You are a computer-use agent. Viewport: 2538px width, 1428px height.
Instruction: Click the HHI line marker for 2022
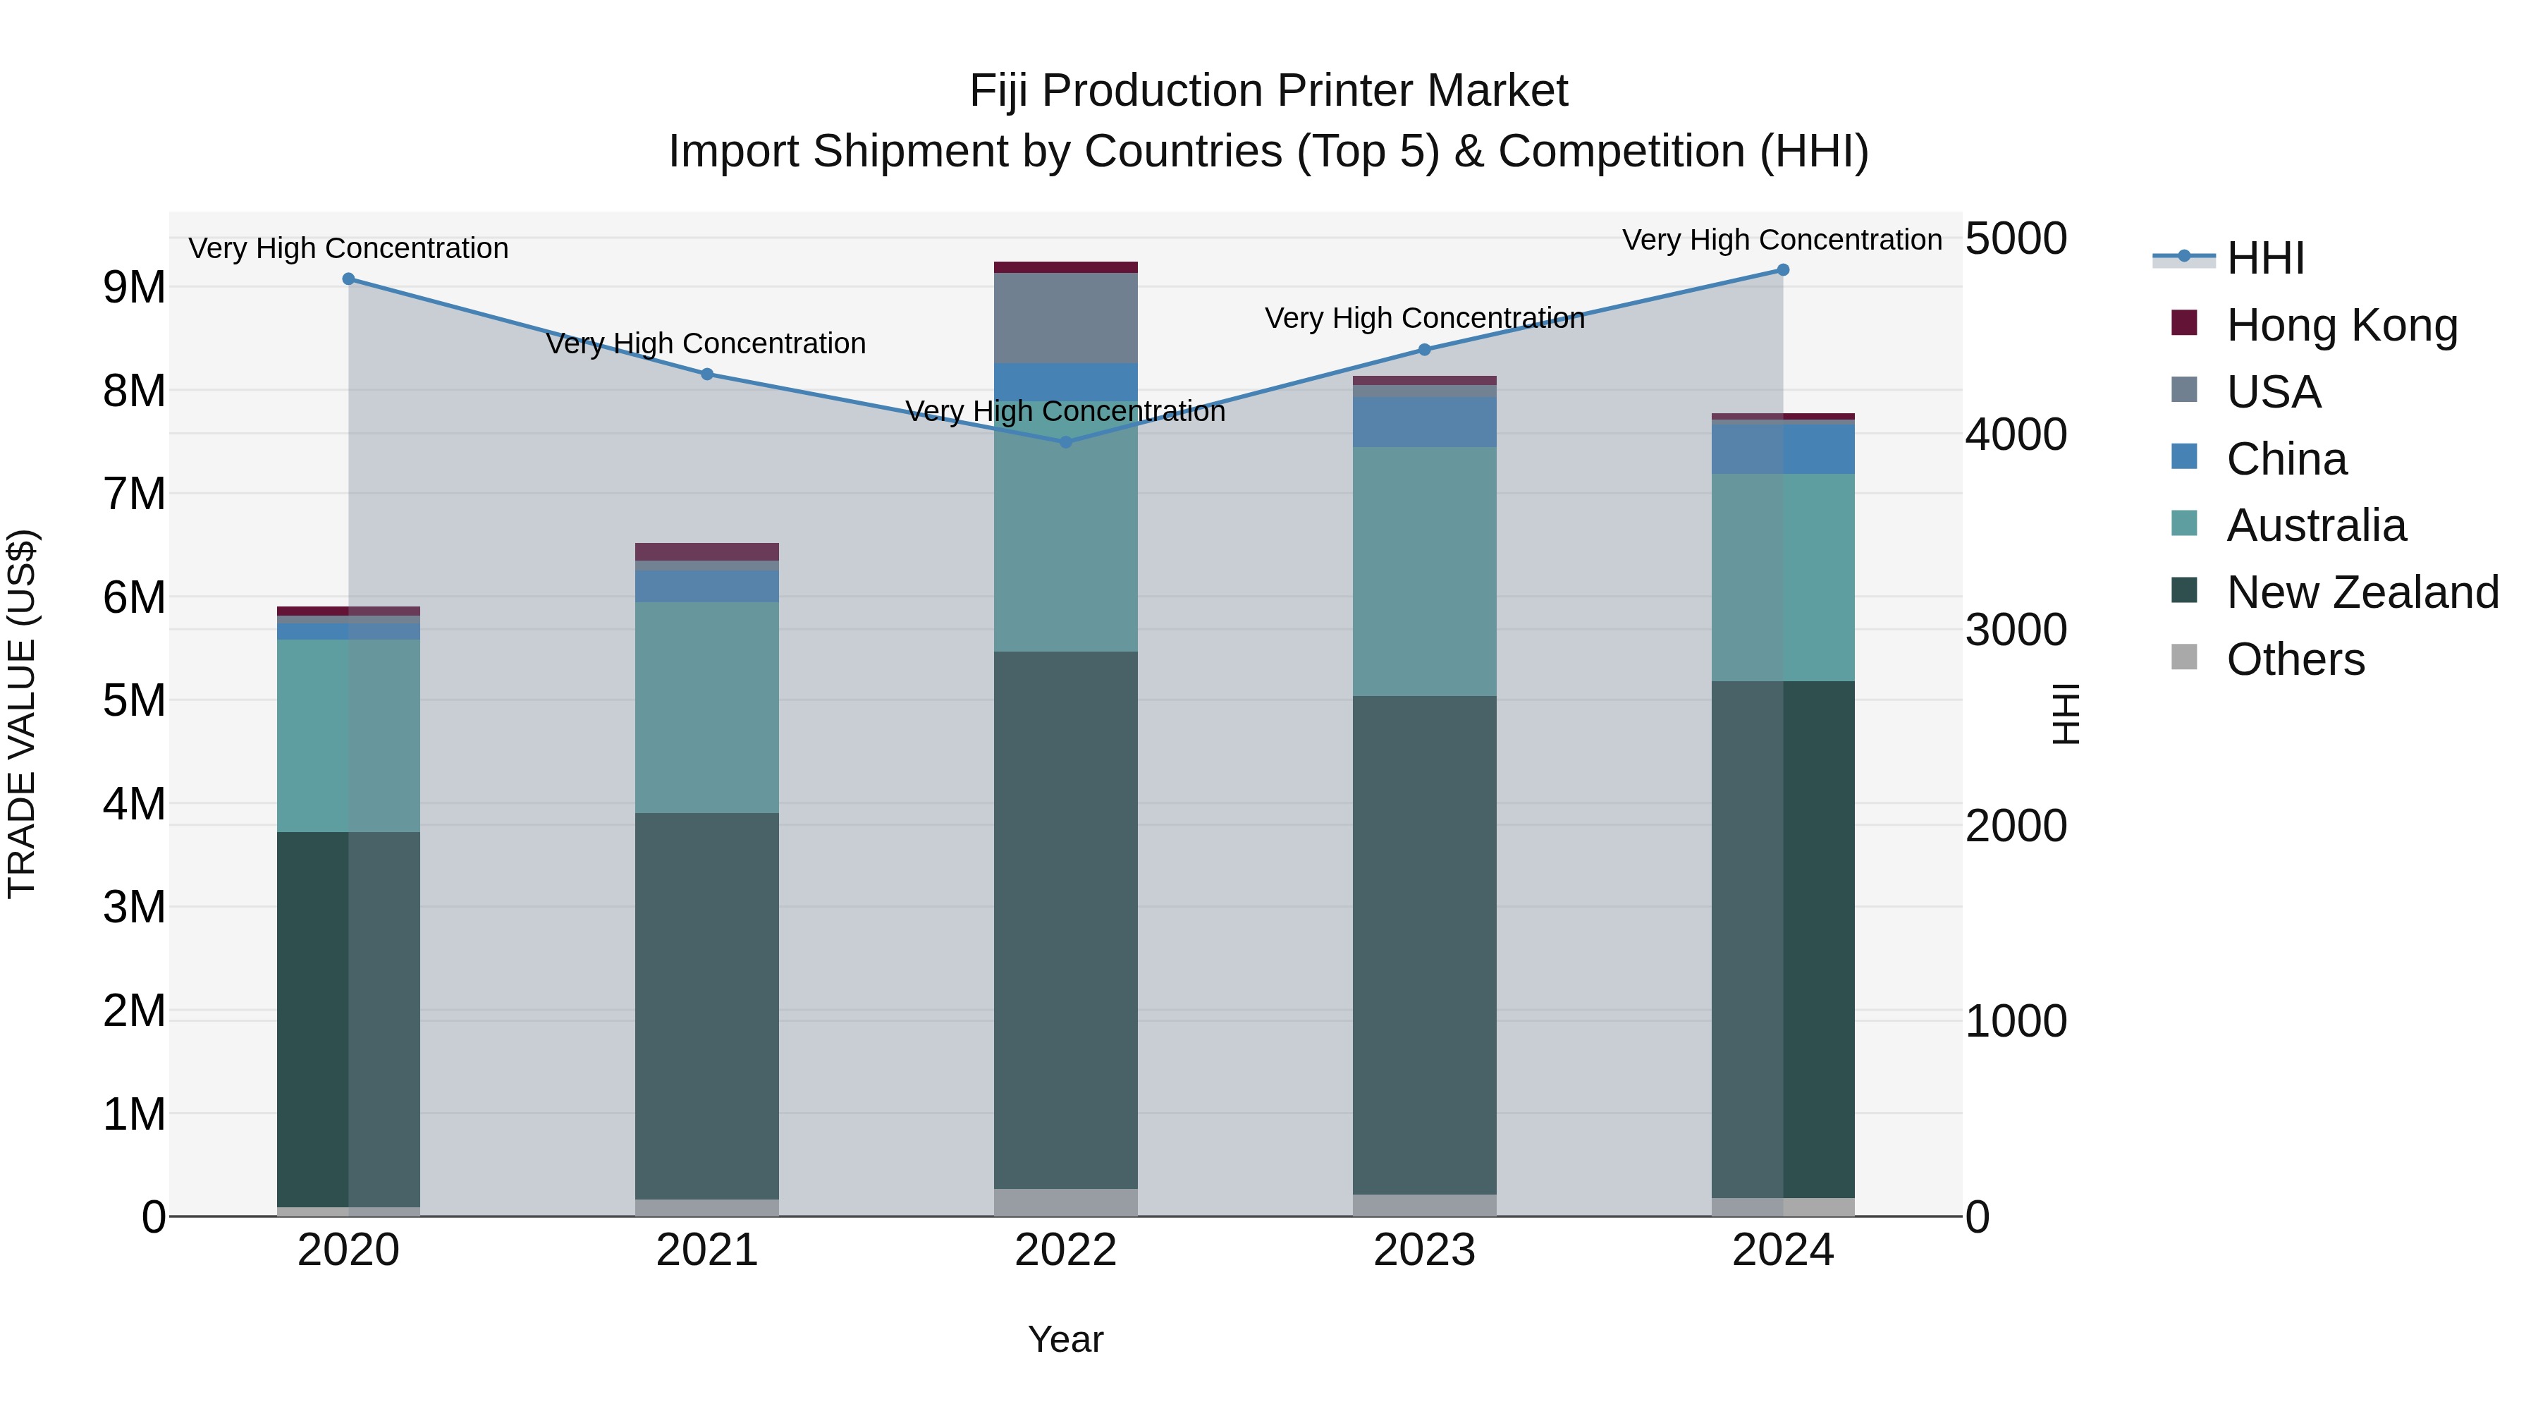(1065, 442)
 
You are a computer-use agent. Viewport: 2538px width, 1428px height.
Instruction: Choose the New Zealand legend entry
(2362, 592)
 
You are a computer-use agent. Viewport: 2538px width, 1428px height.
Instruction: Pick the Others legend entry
(2295, 659)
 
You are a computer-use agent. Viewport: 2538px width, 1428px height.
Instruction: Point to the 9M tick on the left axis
(134, 288)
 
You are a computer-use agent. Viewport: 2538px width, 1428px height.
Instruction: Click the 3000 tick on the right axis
(2016, 630)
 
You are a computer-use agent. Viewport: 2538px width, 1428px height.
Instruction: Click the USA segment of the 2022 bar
(1065, 318)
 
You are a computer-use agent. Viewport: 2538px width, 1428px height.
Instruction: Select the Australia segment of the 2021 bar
(706, 707)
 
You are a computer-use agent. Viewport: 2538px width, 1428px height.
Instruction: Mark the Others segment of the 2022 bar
(1065, 1202)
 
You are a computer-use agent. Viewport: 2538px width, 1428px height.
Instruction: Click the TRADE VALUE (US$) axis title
(22, 714)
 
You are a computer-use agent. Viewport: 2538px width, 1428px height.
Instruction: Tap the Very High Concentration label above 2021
(706, 344)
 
